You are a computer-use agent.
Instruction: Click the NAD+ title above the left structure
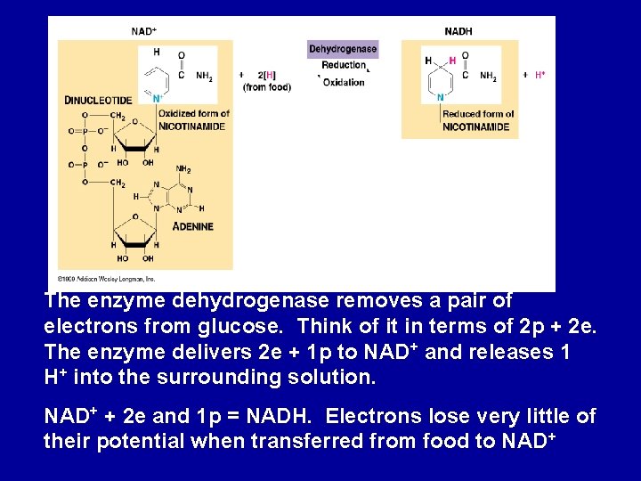coord(143,31)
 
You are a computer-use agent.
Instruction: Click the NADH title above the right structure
coord(458,31)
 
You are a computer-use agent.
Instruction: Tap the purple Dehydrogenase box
coord(343,49)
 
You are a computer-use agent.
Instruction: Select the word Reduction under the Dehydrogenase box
coord(344,65)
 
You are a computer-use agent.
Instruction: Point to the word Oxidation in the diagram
coord(344,83)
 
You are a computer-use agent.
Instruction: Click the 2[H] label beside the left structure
coord(266,75)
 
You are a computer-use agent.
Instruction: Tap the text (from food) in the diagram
coord(267,87)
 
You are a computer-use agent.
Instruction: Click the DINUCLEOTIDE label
coord(98,100)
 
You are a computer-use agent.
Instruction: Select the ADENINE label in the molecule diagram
coord(193,226)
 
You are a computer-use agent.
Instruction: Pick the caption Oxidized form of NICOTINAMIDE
coord(193,119)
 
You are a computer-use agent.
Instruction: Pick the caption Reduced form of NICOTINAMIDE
coord(478,119)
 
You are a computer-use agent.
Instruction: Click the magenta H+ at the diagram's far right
coord(540,75)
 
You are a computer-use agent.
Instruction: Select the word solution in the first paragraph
coord(326,377)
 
